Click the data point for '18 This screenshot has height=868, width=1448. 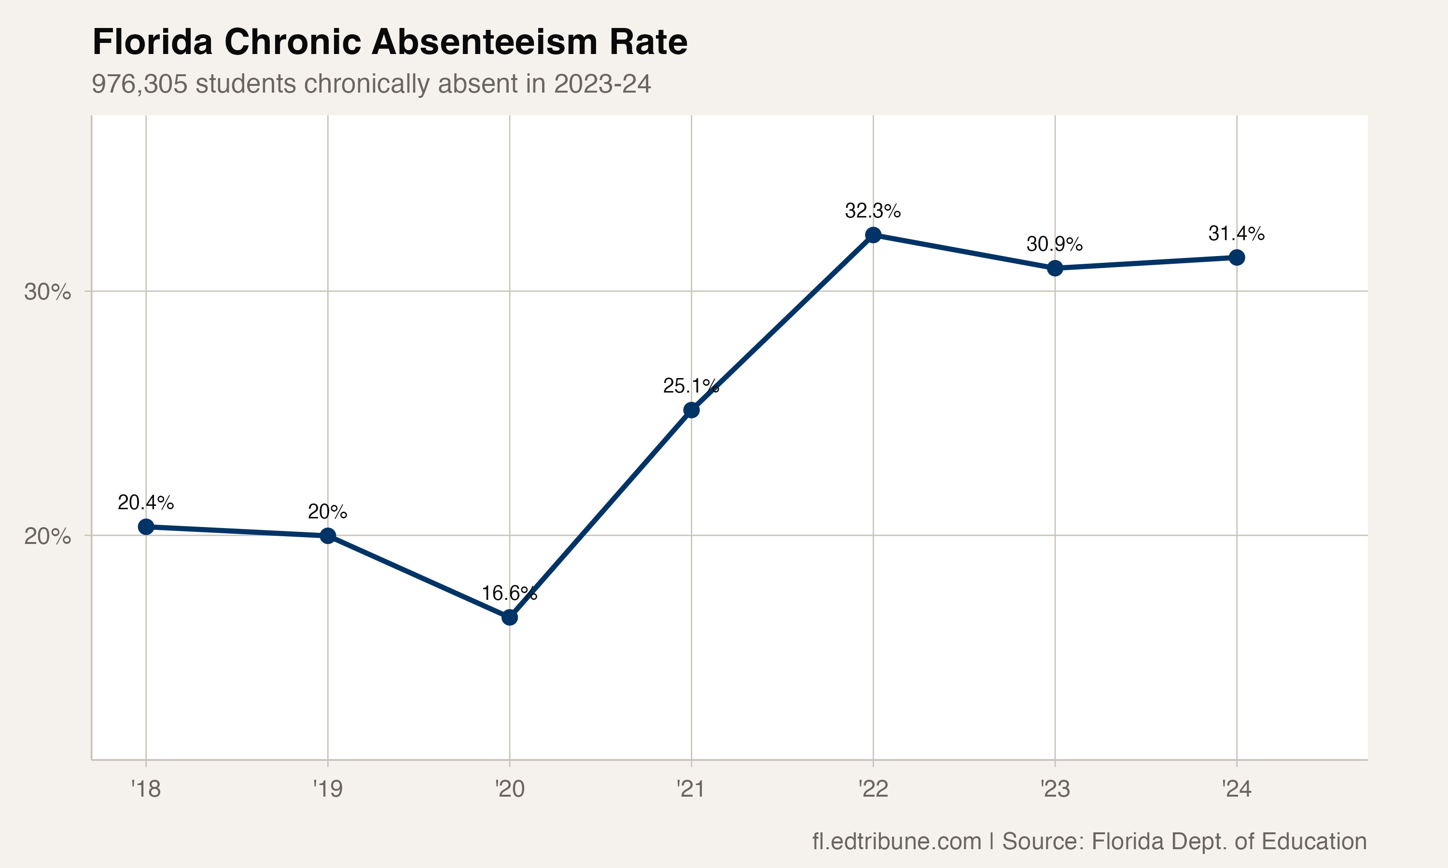tap(146, 527)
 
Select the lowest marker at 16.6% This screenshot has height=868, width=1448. tap(510, 617)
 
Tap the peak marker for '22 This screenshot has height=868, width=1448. tap(873, 235)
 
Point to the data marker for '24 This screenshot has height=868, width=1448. tap(1237, 258)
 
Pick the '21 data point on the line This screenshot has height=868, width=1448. tap(691, 410)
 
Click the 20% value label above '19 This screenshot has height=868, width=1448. tap(327, 512)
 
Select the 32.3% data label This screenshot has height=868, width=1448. tap(873, 211)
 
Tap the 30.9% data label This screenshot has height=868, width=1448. tap(1055, 244)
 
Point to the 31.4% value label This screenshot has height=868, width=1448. tap(1236, 234)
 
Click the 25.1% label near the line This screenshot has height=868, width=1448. tap(691, 386)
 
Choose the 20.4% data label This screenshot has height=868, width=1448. tap(146, 502)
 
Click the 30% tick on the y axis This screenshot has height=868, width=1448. tap(47, 292)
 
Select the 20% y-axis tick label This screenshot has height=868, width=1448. tap(47, 536)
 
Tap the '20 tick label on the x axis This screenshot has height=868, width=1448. tap(510, 789)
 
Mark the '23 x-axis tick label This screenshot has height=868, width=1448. tap(1055, 789)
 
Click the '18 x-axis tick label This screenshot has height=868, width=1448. tap(146, 789)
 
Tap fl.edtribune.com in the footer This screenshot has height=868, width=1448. tap(896, 841)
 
